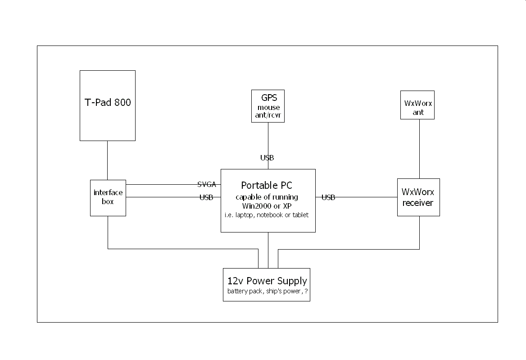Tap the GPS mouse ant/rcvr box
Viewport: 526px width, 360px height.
268,106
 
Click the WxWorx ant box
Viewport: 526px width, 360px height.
417,105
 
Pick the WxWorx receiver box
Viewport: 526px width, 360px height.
418,197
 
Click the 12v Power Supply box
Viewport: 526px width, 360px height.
267,284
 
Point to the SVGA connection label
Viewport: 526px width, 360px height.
207,184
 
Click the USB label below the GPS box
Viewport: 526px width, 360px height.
267,158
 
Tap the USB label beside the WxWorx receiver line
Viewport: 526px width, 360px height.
328,197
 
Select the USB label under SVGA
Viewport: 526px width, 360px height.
206,197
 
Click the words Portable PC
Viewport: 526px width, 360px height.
268,185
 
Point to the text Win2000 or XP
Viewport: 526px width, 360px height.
268,206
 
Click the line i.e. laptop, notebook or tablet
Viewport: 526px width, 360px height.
267,215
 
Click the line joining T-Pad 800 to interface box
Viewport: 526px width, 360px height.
107,160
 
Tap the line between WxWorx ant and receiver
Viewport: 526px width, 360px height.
420,149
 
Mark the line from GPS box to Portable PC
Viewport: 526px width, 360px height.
268,140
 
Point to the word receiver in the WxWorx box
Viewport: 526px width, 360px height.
418,203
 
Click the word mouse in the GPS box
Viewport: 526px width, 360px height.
268,108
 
